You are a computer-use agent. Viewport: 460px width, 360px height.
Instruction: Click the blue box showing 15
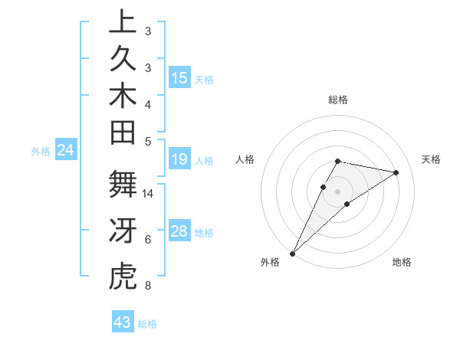[179, 77]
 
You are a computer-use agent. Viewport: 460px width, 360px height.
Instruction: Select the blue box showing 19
[179, 159]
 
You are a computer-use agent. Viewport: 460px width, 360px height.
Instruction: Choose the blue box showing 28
[179, 231]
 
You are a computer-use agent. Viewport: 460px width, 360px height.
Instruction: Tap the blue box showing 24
[66, 151]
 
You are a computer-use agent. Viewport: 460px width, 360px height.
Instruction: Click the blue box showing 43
[123, 322]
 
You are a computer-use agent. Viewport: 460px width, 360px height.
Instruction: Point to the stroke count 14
[148, 194]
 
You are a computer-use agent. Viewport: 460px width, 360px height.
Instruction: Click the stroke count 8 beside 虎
[148, 286]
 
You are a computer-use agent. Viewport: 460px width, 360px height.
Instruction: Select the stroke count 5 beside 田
[148, 141]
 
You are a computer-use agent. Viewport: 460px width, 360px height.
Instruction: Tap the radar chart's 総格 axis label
[337, 100]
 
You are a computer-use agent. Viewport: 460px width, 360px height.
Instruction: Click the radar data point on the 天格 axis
[396, 172]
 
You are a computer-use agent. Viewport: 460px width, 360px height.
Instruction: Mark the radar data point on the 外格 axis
[292, 253]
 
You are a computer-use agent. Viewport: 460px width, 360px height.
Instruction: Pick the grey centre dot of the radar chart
[337, 191]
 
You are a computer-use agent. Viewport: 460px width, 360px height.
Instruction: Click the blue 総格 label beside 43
[147, 324]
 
